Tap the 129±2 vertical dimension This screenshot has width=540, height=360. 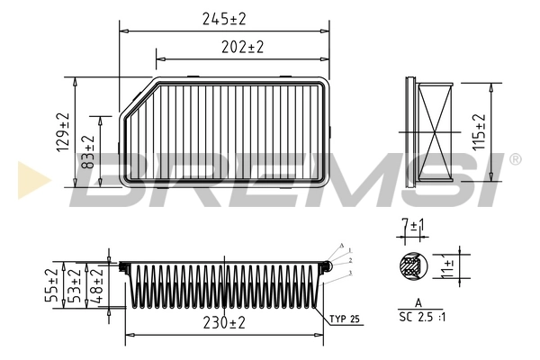click(x=62, y=132)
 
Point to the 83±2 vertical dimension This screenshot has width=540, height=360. click(x=88, y=154)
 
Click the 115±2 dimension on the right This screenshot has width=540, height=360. click(x=479, y=132)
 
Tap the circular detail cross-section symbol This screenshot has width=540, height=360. click(x=411, y=266)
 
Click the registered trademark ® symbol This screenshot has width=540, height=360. click(x=515, y=159)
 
